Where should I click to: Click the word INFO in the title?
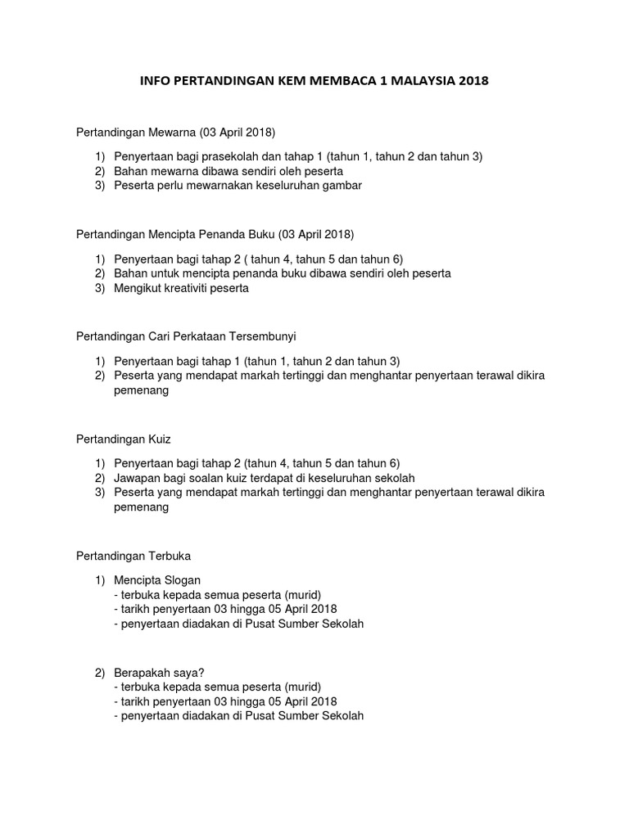click(x=156, y=82)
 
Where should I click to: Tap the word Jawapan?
click(x=138, y=478)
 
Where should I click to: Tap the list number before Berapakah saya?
click(x=99, y=673)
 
